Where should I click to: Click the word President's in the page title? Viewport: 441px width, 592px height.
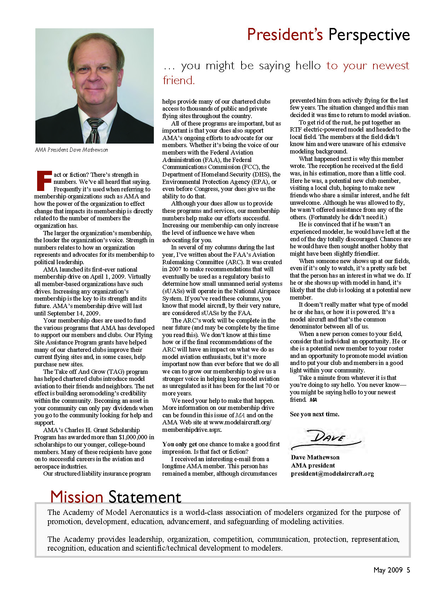tap(285, 35)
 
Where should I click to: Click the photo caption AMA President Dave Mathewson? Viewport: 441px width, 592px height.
tap(71, 150)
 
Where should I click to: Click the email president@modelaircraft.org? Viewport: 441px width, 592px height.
tap(332, 474)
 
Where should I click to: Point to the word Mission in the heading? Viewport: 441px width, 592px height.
tap(77, 497)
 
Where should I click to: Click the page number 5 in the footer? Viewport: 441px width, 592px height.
tap(408, 570)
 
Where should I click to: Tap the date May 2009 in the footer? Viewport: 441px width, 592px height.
tap(388, 570)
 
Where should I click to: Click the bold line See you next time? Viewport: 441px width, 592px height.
tap(314, 414)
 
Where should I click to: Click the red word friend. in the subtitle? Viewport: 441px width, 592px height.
tap(179, 81)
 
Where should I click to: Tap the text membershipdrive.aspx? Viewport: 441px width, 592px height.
tap(192, 430)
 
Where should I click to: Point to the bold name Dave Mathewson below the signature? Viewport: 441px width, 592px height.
tap(315, 457)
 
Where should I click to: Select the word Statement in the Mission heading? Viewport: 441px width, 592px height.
tap(145, 497)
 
